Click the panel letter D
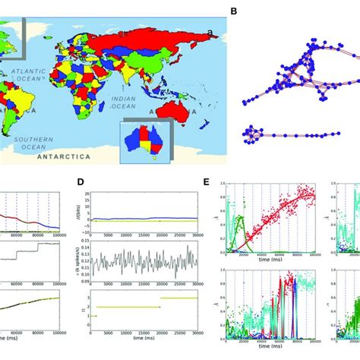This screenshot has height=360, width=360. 80,182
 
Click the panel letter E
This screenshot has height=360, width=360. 208,182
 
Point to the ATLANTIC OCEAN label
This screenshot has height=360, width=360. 29,74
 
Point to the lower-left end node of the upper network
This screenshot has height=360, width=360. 245,99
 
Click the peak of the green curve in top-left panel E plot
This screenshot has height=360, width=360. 241,218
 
